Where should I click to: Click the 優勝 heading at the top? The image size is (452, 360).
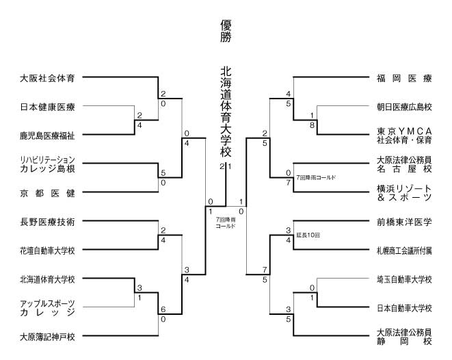[x=226, y=31]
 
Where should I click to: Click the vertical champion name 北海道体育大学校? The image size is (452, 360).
[x=226, y=110]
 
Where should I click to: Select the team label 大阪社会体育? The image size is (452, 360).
[x=47, y=78]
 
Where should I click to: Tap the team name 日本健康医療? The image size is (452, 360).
[x=47, y=107]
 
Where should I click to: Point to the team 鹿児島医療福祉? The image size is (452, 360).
[x=47, y=136]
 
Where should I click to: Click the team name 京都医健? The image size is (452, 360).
[x=47, y=193]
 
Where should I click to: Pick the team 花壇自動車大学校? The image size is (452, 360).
[x=47, y=250]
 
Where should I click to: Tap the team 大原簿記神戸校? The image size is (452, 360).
[x=47, y=337]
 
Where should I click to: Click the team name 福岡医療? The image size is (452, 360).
[x=404, y=78]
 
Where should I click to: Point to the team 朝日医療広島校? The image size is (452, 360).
[x=404, y=107]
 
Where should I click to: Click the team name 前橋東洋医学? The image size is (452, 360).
[x=404, y=222]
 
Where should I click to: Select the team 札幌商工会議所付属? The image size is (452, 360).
[x=404, y=250]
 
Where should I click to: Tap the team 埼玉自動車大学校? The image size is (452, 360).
[x=404, y=279]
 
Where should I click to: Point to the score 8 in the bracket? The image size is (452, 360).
[x=312, y=125]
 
